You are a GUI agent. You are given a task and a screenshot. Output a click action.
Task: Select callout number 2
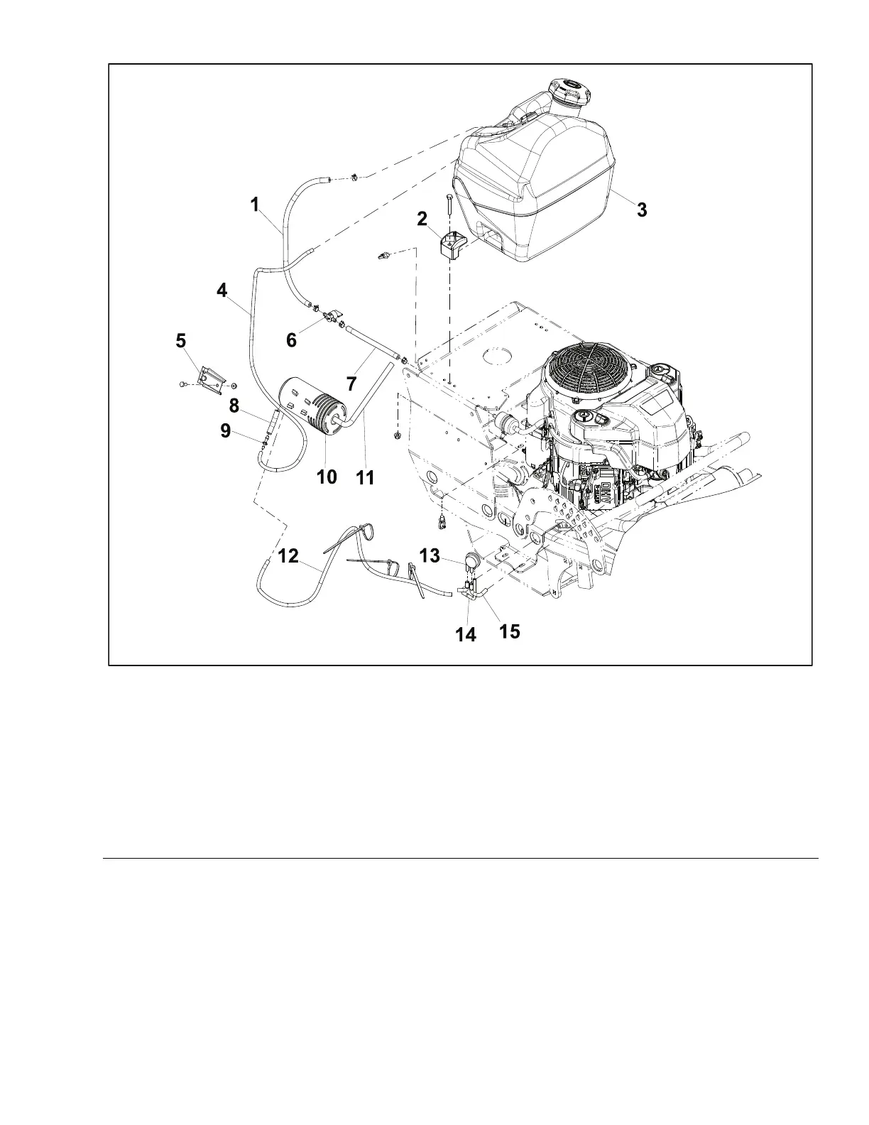coord(422,219)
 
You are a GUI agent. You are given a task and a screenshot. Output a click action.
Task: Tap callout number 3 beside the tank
coord(641,210)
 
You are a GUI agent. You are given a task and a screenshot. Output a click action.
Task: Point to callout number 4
coord(222,290)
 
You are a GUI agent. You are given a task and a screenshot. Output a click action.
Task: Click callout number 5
coord(182,341)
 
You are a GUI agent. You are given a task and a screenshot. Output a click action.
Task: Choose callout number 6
coord(291,339)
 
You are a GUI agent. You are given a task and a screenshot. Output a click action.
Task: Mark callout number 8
coord(234,406)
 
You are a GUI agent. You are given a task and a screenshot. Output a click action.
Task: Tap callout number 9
coord(225,430)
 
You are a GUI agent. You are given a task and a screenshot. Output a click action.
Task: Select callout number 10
coord(327,477)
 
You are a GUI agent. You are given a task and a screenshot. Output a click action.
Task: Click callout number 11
coord(364,477)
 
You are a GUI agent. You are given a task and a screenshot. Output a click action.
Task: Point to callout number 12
coord(288,557)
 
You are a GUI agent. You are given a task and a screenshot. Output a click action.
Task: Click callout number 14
coord(466,634)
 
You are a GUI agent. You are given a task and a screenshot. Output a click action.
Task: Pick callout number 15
coord(509,630)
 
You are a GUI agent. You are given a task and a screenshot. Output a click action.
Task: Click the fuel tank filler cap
coord(567,91)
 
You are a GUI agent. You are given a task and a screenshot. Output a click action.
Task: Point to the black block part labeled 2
coord(449,245)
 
